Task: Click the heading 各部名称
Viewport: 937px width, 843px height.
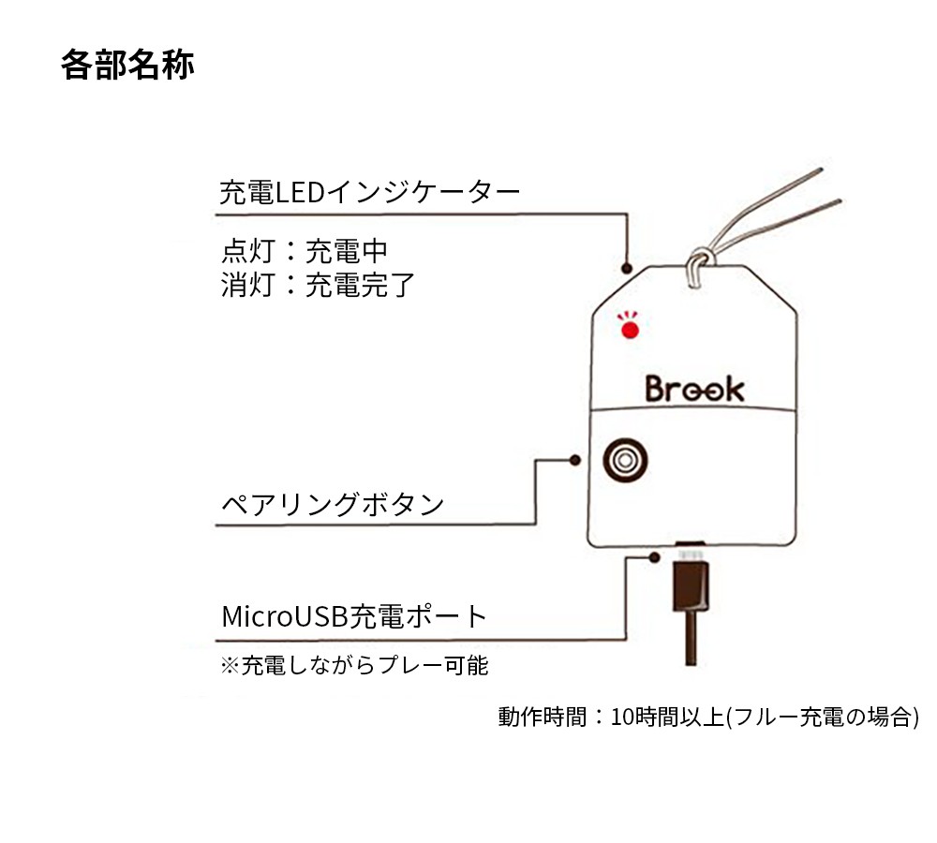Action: pyautogui.click(x=127, y=65)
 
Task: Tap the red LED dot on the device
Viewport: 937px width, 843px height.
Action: pyautogui.click(x=630, y=330)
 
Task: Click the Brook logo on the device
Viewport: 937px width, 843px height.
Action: pyautogui.click(x=695, y=389)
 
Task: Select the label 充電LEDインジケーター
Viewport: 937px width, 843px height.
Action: pyautogui.click(x=370, y=192)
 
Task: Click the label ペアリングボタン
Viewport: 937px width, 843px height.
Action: pyautogui.click(x=333, y=504)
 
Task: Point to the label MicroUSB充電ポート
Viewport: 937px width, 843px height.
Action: pyautogui.click(x=354, y=616)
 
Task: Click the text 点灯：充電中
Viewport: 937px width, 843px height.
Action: pyautogui.click(x=305, y=251)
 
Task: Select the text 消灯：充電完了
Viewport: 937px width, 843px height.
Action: pyautogui.click(x=318, y=285)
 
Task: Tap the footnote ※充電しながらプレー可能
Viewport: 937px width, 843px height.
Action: pyautogui.click(x=354, y=665)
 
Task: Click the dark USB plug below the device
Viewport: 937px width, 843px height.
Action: pyautogui.click(x=691, y=586)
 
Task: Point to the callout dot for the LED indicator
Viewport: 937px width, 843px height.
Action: pyautogui.click(x=626, y=268)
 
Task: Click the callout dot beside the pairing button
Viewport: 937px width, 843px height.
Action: pyautogui.click(x=575, y=460)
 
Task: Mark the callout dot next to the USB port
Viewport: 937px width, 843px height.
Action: pyautogui.click(x=654, y=557)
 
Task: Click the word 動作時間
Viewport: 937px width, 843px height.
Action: pyautogui.click(x=543, y=717)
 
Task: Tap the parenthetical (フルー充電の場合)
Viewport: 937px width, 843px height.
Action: pyautogui.click(x=823, y=717)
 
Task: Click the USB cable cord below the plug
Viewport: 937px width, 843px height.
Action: pyautogui.click(x=691, y=638)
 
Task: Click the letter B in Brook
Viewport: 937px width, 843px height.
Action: pyautogui.click(x=656, y=389)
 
